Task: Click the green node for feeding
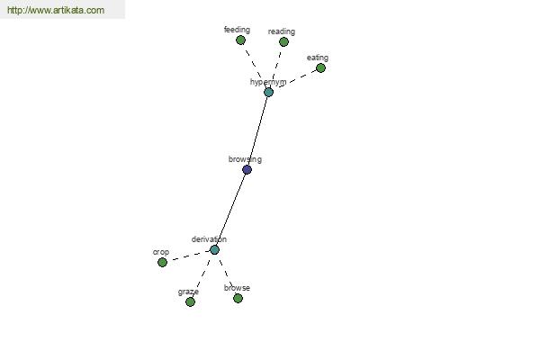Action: [x=240, y=40]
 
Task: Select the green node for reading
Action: [x=283, y=42]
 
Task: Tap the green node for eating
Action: [x=320, y=67]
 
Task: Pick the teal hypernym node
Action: [x=268, y=92]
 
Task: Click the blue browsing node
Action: [x=247, y=169]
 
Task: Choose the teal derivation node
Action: [x=214, y=250]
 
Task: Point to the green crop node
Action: [x=163, y=263]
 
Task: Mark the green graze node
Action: [x=191, y=302]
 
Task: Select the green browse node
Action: [x=238, y=298]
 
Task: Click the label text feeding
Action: [x=237, y=30]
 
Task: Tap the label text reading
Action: [x=282, y=31]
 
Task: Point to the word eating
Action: [x=318, y=58]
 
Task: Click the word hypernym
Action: [x=268, y=82]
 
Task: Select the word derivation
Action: [x=209, y=239]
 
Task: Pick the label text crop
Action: [x=161, y=252]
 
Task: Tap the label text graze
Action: [x=188, y=292]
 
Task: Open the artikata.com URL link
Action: [x=56, y=10]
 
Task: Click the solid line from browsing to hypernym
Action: [x=257, y=130]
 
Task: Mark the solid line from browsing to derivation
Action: [x=230, y=210]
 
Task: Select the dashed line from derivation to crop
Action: [x=189, y=256]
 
